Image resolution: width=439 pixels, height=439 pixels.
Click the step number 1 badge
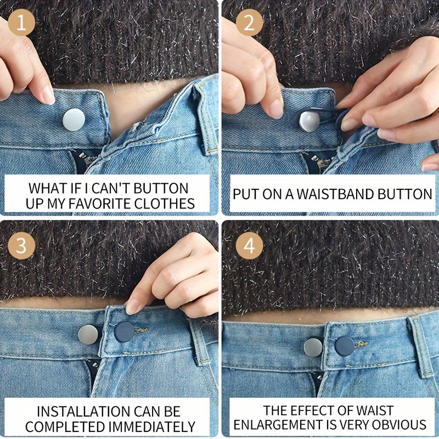pyautogui.click(x=21, y=22)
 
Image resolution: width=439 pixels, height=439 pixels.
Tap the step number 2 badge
pyautogui.click(x=249, y=22)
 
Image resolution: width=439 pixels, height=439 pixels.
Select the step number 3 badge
pyautogui.click(x=21, y=245)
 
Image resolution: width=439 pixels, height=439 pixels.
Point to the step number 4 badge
pyautogui.click(x=249, y=245)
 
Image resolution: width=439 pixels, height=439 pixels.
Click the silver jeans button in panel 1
pyautogui.click(x=74, y=120)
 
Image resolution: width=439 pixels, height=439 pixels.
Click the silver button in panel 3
pyautogui.click(x=88, y=335)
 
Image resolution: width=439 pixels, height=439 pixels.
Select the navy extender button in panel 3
pyautogui.click(x=125, y=333)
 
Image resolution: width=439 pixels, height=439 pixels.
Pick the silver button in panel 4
pyautogui.click(x=313, y=347)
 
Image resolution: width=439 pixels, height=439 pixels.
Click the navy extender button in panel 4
pyautogui.click(x=345, y=346)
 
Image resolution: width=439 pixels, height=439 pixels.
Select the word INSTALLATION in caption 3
pyautogui.click(x=83, y=411)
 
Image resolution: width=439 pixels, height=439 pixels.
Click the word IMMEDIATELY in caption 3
pyautogui.click(x=151, y=427)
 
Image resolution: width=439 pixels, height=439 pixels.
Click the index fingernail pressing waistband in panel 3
pyautogui.click(x=132, y=307)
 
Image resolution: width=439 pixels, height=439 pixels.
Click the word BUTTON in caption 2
pyautogui.click(x=405, y=194)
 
